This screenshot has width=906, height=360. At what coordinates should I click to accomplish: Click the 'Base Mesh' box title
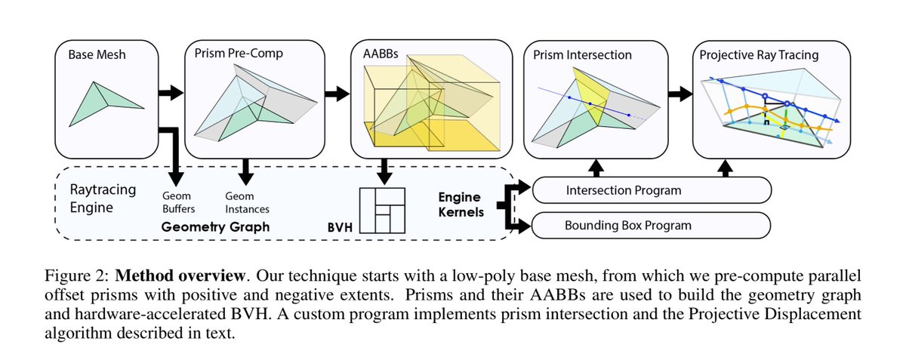click(x=97, y=54)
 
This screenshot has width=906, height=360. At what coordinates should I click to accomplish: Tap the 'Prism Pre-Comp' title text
click(x=239, y=54)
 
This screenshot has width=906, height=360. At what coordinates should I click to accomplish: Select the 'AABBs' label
click(x=381, y=54)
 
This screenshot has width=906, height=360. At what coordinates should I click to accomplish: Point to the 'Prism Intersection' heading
click(x=582, y=55)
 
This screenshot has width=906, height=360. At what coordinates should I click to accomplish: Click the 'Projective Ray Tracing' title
click(x=759, y=55)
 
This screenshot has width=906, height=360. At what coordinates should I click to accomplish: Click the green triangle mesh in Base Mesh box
click(x=106, y=104)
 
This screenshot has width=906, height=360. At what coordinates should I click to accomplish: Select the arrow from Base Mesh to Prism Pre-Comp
click(x=171, y=93)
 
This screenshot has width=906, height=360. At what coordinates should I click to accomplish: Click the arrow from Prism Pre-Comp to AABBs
click(x=337, y=94)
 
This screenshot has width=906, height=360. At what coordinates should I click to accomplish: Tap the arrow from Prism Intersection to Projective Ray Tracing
click(x=680, y=94)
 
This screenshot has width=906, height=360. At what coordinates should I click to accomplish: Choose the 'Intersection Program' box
click(x=652, y=190)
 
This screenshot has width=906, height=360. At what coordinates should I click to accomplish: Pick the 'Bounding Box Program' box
click(x=651, y=226)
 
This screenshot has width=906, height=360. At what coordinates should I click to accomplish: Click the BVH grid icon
click(x=382, y=211)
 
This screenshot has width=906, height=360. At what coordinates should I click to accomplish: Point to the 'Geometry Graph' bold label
click(x=215, y=227)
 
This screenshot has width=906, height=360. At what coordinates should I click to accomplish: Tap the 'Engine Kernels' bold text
click(x=461, y=205)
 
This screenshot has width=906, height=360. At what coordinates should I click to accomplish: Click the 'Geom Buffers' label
click(x=178, y=202)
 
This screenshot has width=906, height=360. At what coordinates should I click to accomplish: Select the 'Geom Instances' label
click(x=247, y=202)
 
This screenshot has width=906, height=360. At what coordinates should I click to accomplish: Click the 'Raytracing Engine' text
click(x=103, y=198)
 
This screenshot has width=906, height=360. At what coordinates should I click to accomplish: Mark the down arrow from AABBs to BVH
click(x=384, y=171)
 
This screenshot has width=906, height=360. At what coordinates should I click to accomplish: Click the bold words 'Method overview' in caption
click(x=180, y=276)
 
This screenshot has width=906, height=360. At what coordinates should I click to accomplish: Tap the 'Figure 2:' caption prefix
click(x=76, y=276)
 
